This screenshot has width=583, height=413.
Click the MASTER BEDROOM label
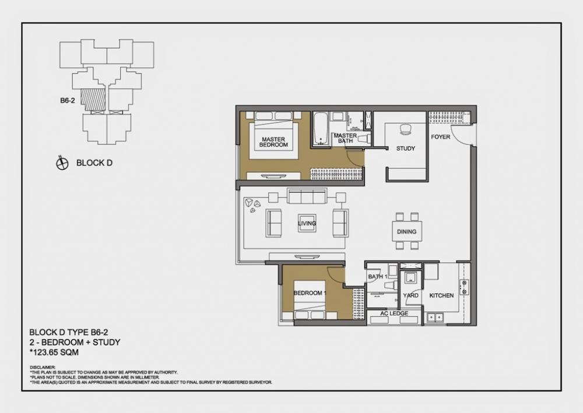273,142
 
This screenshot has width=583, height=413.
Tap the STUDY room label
406,148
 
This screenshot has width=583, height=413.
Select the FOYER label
440,137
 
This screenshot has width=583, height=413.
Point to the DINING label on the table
406,232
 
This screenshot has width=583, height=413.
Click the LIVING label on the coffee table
307,223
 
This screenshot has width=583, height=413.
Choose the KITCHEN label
441,296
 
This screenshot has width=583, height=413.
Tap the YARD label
410,296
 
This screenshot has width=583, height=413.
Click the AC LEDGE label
394,314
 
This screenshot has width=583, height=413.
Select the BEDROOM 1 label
309,293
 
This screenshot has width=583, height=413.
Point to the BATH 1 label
377,277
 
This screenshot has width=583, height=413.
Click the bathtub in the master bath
320,129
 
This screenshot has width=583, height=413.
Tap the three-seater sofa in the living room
307,196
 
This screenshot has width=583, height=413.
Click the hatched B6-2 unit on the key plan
93,99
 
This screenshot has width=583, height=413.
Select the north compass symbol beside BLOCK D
62,164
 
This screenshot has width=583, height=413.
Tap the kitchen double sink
434,317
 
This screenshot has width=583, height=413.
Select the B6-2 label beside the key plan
68,100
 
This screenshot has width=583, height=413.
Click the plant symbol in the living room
254,203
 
